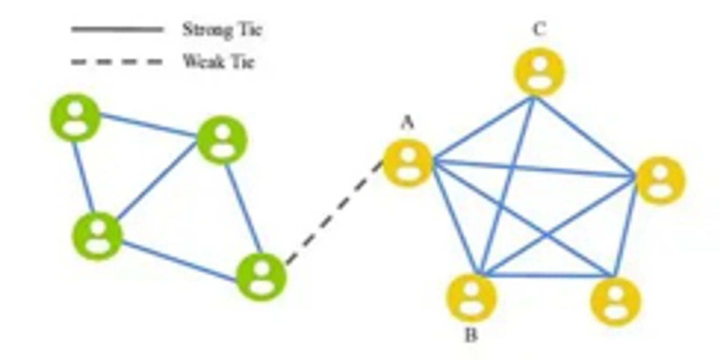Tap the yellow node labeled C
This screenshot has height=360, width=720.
click(x=539, y=72)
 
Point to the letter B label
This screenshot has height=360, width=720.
click(x=471, y=335)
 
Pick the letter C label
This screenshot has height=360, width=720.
click(x=539, y=30)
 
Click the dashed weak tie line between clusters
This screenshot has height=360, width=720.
click(x=334, y=213)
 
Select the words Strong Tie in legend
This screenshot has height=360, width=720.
click(x=221, y=30)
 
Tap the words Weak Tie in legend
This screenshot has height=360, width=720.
click(x=219, y=61)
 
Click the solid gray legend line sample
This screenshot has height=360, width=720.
click(x=117, y=30)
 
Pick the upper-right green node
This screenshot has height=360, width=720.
click(x=222, y=139)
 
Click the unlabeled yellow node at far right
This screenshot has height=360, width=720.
click(x=660, y=180)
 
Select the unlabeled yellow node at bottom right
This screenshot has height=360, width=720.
click(x=615, y=301)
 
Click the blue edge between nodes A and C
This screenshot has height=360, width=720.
click(x=482, y=128)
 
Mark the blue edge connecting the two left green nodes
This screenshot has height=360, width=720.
click(x=83, y=177)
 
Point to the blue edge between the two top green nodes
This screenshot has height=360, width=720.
click(x=148, y=125)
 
